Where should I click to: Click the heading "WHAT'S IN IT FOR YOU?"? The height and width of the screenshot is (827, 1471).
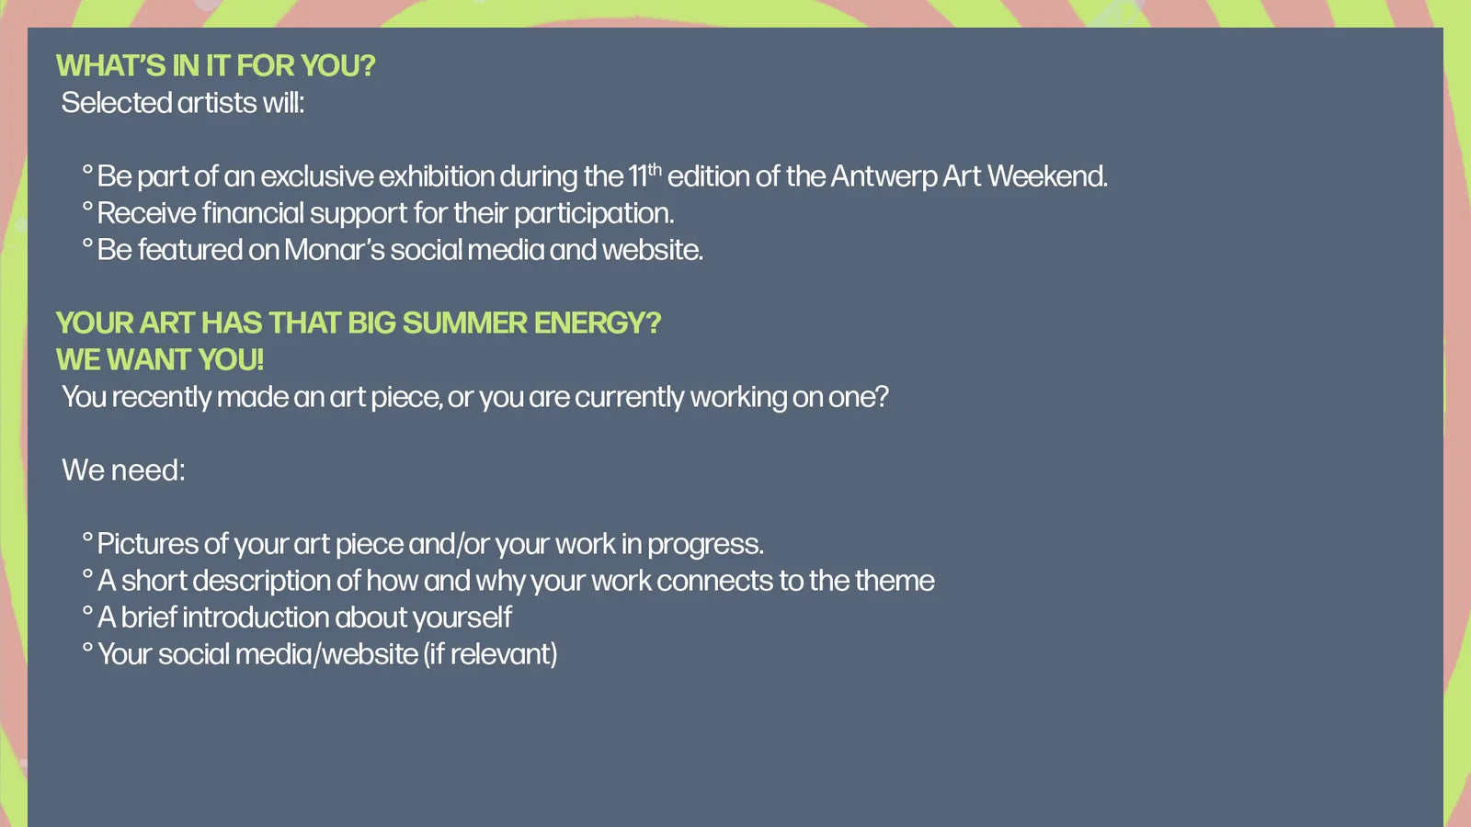click(215, 65)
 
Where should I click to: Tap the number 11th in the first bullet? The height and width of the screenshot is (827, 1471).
click(644, 175)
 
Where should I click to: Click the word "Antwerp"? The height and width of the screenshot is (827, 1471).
click(884, 176)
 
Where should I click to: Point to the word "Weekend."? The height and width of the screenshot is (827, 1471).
click(1047, 176)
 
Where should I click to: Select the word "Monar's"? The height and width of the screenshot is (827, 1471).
click(335, 249)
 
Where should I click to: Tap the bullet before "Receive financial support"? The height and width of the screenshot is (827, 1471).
click(88, 207)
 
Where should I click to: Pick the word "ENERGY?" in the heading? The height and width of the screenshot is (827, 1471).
click(598, 323)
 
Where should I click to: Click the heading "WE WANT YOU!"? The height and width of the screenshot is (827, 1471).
click(160, 359)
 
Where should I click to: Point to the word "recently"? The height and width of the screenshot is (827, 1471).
click(162, 398)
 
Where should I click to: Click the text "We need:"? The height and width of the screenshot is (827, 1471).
click(123, 470)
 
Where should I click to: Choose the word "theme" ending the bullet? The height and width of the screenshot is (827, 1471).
click(895, 580)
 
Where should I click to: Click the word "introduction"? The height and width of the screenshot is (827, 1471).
click(256, 617)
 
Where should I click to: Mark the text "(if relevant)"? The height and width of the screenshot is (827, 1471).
click(491, 654)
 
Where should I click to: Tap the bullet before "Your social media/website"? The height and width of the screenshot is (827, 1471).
click(88, 648)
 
